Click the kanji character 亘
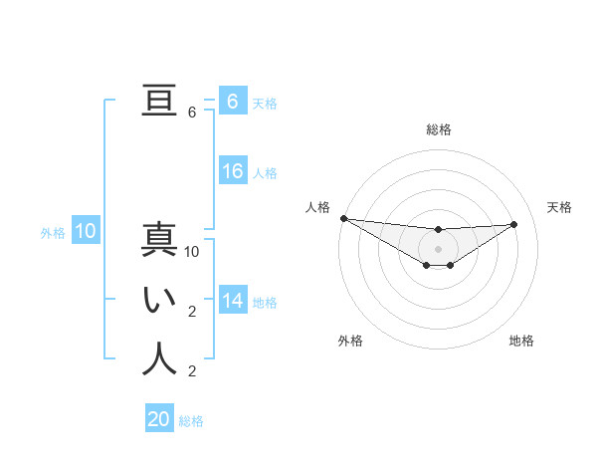click(x=159, y=102)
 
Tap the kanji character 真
click(x=159, y=242)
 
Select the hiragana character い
click(x=159, y=301)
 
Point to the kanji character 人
click(x=159, y=359)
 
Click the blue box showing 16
click(x=233, y=171)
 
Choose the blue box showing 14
click(x=233, y=301)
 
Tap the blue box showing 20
click(x=159, y=419)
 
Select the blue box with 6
click(x=233, y=102)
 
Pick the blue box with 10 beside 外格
click(x=86, y=232)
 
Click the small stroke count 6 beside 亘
click(x=191, y=113)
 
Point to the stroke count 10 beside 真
click(x=192, y=253)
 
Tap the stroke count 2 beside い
click(x=191, y=312)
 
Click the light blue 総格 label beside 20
click(x=191, y=421)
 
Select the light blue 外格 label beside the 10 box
click(x=53, y=233)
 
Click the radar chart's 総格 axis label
click(x=438, y=129)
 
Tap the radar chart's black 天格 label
click(x=560, y=207)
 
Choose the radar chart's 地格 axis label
click(x=521, y=341)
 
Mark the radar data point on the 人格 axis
click(x=343, y=218)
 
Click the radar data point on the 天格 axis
click(x=513, y=224)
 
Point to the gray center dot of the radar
click(x=438, y=248)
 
